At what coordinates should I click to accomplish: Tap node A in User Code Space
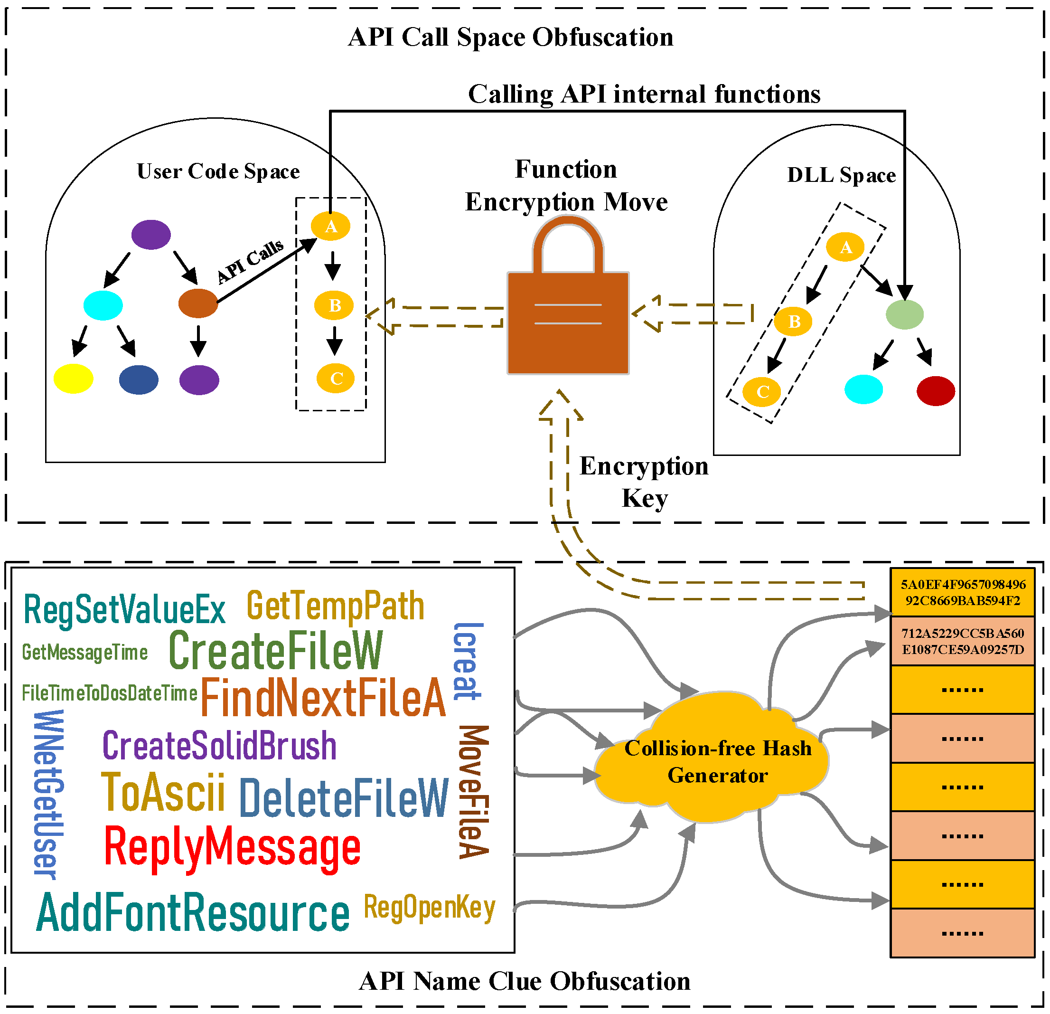click(x=330, y=226)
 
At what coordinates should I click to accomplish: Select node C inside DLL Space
click(x=762, y=392)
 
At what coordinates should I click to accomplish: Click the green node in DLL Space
click(x=904, y=314)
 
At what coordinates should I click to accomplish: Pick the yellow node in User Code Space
click(x=74, y=379)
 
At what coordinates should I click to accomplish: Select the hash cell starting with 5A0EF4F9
click(x=962, y=592)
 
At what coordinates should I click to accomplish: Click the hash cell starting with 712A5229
click(x=962, y=641)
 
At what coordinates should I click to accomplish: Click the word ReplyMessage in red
click(x=232, y=848)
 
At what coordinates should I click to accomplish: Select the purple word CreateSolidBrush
click(x=219, y=746)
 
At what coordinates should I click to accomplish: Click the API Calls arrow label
click(x=250, y=261)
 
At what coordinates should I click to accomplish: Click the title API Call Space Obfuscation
click(x=511, y=38)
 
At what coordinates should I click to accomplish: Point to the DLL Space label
click(x=841, y=175)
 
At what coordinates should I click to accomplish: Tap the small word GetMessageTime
click(x=84, y=652)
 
